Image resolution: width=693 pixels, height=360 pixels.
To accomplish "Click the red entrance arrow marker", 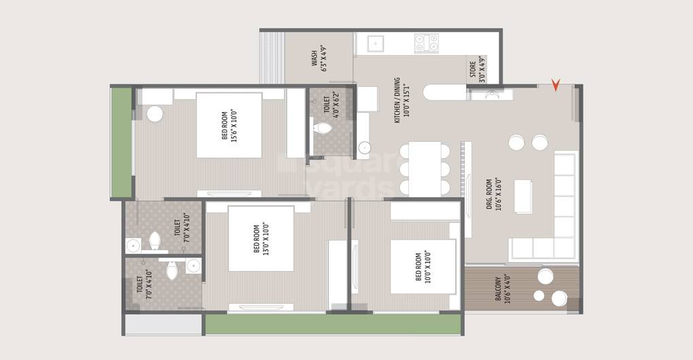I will tap(556, 86).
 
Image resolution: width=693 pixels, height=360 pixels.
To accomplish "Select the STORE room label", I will tap(477, 69).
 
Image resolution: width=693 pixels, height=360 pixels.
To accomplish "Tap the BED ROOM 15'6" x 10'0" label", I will tap(229, 126).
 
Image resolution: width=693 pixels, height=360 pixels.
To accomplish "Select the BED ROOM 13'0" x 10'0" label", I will tap(261, 238).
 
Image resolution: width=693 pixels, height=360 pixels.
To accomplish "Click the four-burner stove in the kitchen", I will tap(427, 43).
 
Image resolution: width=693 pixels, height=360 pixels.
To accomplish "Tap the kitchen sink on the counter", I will tap(376, 43).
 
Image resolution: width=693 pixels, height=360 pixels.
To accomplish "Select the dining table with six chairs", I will tap(425, 169).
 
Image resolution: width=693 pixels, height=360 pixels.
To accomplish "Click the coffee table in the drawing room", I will tap(523, 197).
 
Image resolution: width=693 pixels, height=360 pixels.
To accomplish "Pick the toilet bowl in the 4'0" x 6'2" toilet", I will tap(322, 128).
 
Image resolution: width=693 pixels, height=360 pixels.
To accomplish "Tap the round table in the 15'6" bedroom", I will tap(155, 113).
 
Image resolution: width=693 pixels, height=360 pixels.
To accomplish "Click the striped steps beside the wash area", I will tap(272, 58).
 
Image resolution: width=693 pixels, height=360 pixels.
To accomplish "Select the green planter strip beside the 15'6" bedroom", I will tap(122, 142).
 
